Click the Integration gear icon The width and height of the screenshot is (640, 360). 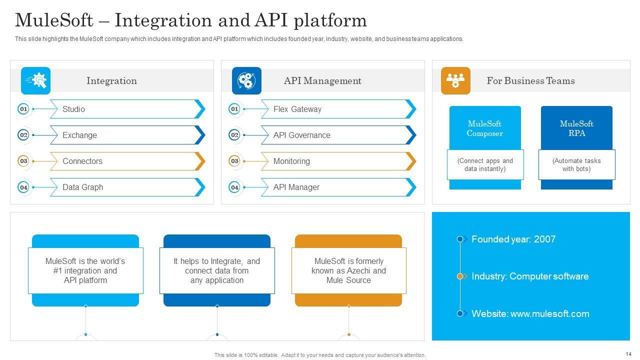coord(35,80)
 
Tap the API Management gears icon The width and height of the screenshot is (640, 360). coord(246,80)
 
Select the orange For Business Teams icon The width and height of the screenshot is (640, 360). coord(455,80)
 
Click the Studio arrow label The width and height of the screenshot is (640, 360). coord(73,109)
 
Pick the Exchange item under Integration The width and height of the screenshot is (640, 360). coord(79,135)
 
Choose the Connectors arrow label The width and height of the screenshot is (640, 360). coord(82,161)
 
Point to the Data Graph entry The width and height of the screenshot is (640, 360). coord(83,187)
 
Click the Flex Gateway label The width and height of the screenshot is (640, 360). coord(297,109)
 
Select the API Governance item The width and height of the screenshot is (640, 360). coord(301,135)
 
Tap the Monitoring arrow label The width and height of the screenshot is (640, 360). coord(291,161)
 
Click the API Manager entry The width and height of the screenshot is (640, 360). coord(296,187)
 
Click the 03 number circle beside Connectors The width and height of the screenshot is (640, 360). coord(23,161)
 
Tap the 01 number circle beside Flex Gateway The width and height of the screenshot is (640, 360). coord(234,109)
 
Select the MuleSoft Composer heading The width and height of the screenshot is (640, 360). coord(484,128)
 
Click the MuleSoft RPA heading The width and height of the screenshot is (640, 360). coord(576,128)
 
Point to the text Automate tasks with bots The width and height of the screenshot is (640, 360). coord(576,164)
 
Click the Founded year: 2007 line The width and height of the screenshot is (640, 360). coord(513,239)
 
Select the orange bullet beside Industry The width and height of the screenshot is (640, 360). coord(460,276)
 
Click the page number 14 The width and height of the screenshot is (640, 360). coord(628,354)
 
